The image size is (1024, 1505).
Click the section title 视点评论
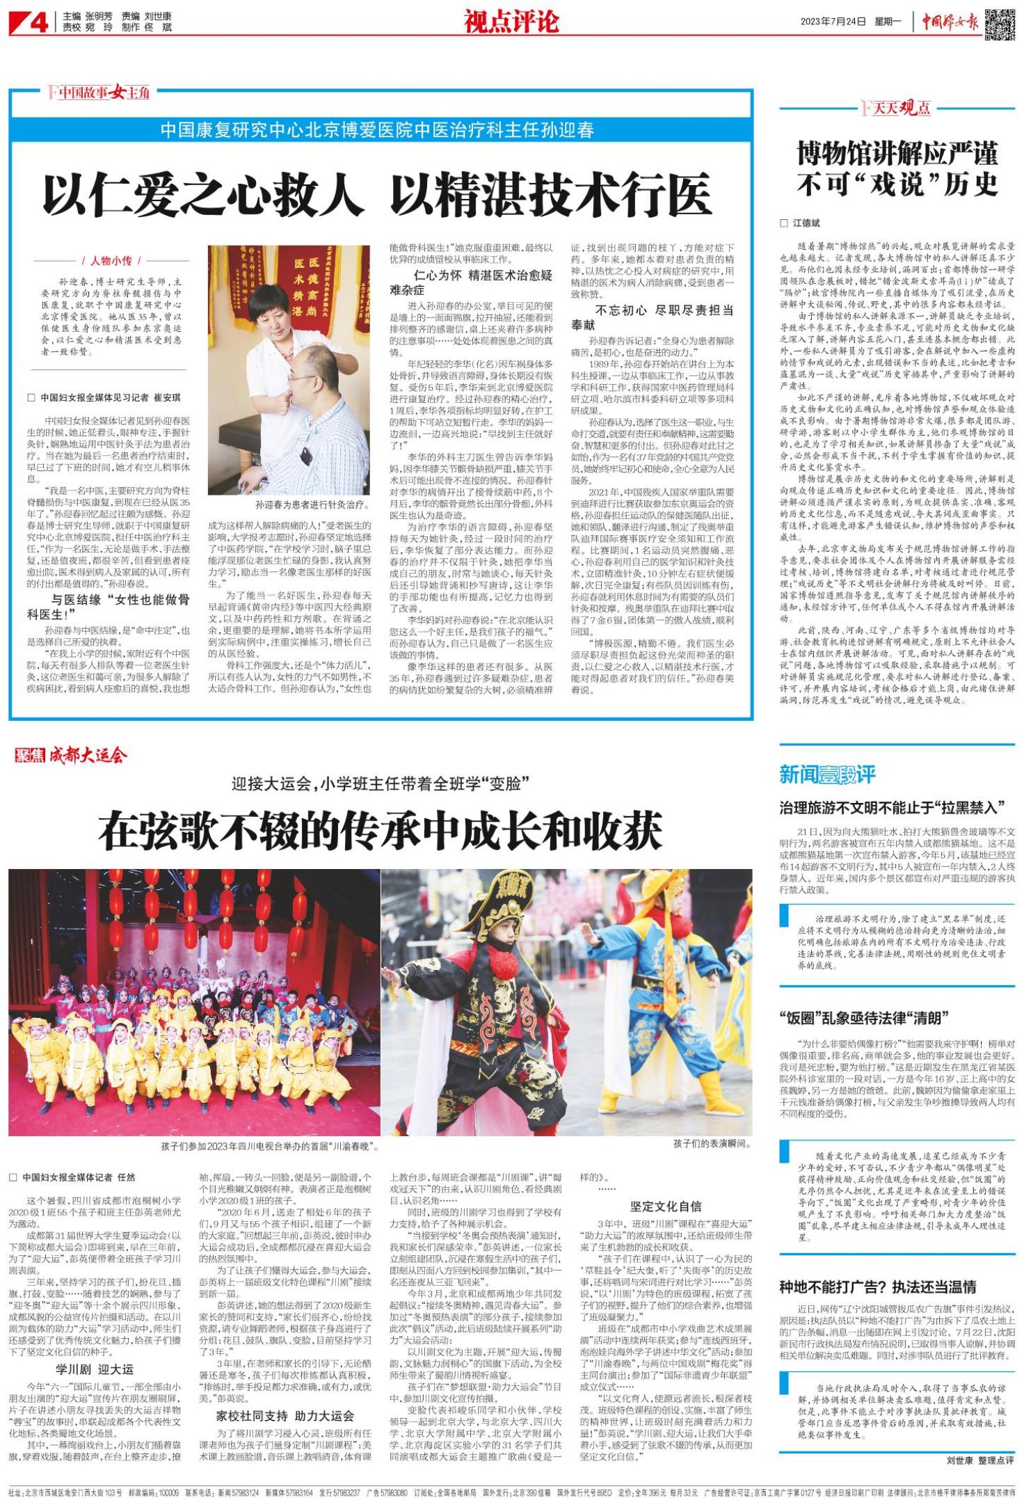(x=511, y=22)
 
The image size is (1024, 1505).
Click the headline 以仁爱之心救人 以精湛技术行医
(x=377, y=194)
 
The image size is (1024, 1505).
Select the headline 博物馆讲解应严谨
(x=897, y=153)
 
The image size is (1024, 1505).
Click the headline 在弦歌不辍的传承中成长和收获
(x=380, y=831)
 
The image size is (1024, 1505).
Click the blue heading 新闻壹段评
(x=826, y=774)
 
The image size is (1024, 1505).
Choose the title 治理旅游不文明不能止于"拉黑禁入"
(x=893, y=808)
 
